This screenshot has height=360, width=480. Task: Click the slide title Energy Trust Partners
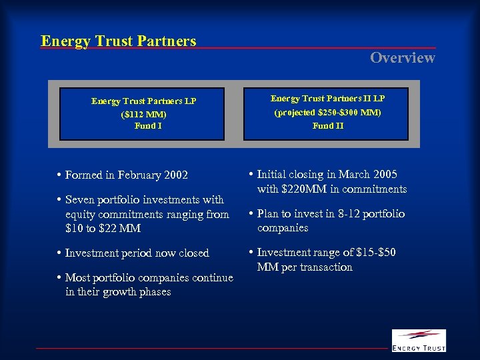[119, 41]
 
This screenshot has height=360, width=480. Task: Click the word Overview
[403, 58]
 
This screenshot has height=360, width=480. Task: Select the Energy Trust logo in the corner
[418, 340]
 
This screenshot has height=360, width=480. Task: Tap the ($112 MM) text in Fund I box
[143, 114]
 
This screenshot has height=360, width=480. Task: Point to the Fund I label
[148, 125]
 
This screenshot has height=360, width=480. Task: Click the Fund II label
[328, 125]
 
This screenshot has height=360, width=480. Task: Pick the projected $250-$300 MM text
[327, 113]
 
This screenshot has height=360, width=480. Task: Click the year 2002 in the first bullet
[175, 175]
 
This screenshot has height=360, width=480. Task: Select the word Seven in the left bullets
[80, 200]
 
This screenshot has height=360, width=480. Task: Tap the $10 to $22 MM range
[103, 228]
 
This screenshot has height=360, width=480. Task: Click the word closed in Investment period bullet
[193, 253]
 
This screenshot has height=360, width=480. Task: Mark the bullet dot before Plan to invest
[251, 214]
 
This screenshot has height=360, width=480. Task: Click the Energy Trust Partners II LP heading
[327, 99]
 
